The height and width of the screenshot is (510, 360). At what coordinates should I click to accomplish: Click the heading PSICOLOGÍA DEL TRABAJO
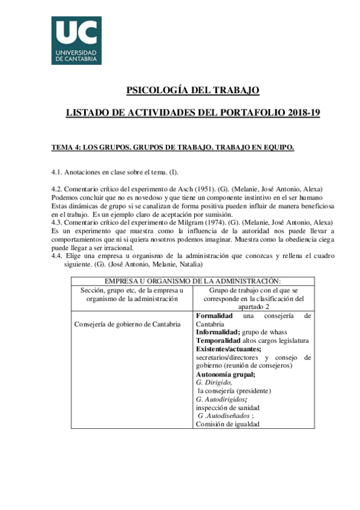tap(192, 90)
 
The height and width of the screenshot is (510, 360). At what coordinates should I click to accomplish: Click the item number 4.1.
tap(58, 171)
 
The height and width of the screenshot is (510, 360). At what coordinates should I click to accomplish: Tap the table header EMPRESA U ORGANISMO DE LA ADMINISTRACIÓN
tap(192, 281)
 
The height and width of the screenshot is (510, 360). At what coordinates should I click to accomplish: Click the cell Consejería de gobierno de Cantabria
tap(127, 325)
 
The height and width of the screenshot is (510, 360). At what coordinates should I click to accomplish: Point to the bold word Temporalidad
tap(221, 340)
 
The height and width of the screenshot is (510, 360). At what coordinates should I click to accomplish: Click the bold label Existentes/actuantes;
tap(228, 349)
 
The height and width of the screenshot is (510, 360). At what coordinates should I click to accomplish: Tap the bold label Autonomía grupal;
tap(225, 374)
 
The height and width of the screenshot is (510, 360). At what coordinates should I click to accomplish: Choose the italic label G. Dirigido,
tap(214, 382)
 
